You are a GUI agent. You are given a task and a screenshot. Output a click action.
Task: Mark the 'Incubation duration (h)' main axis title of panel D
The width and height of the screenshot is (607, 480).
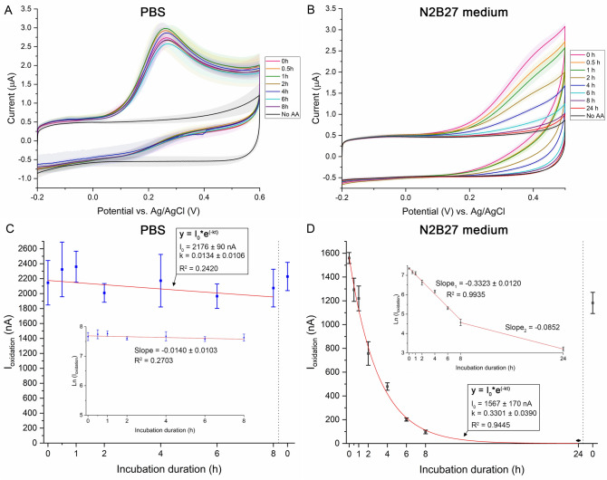465,467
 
